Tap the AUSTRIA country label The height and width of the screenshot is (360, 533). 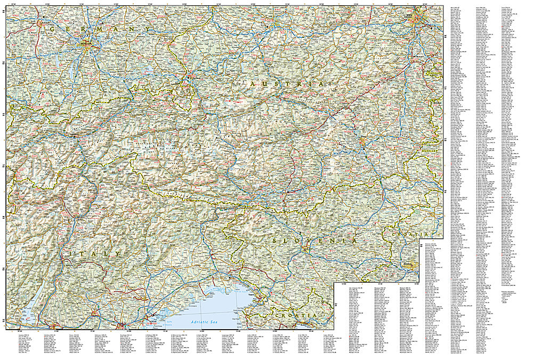coord(286,85)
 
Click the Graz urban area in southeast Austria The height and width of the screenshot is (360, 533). coord(364,143)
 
